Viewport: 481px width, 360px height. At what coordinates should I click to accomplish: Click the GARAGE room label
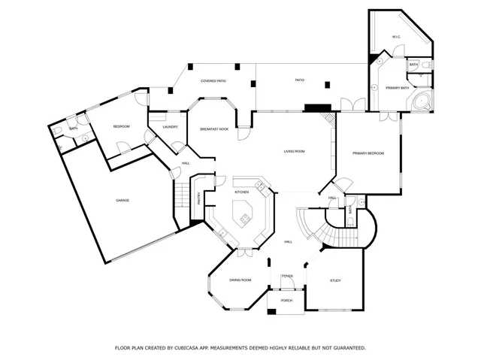[123, 201]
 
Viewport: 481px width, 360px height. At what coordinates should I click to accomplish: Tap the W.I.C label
[396, 37]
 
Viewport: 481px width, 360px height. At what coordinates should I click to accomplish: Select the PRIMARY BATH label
[398, 89]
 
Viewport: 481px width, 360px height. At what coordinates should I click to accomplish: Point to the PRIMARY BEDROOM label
[368, 153]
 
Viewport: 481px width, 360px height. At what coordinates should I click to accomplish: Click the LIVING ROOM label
[294, 152]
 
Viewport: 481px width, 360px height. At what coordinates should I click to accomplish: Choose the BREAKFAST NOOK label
[214, 129]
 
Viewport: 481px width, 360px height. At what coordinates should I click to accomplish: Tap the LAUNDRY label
[170, 126]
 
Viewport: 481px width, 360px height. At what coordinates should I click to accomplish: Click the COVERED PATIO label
[214, 81]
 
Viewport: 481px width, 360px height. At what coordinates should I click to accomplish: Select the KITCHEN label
[242, 192]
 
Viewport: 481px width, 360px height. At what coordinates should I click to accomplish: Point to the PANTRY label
[199, 198]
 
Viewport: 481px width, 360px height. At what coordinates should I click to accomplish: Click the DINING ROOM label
[240, 280]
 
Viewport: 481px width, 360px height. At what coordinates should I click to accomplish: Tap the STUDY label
[335, 280]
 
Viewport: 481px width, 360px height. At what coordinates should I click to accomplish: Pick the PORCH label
[286, 301]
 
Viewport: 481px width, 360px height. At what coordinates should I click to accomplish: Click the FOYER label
[287, 277]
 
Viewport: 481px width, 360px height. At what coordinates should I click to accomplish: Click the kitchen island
[244, 220]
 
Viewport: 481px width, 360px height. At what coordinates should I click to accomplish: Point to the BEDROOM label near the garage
[121, 126]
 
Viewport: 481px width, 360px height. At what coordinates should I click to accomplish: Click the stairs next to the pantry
[180, 196]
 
